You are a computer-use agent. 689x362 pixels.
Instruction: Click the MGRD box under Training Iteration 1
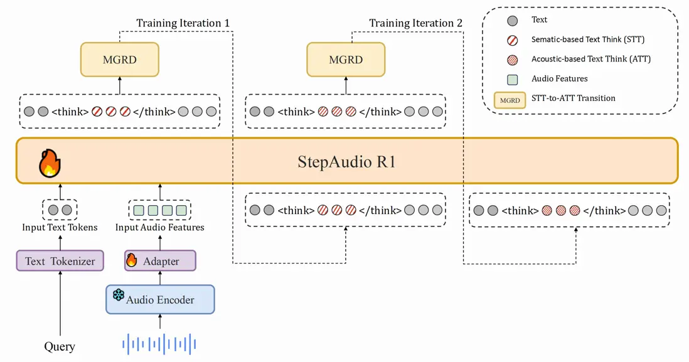[x=119, y=60]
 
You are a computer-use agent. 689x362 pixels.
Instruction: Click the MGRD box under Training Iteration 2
[x=346, y=60]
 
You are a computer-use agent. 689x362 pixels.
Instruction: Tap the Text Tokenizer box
[x=60, y=261]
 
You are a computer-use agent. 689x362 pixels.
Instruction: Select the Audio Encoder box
[x=160, y=300]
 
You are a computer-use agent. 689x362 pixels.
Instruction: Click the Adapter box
[x=161, y=261]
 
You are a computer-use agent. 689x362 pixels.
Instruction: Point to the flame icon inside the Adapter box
[x=132, y=260]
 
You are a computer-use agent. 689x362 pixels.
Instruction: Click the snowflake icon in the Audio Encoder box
[x=118, y=295]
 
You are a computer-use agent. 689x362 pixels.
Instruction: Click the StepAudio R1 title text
[x=346, y=161]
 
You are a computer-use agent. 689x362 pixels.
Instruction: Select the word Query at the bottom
[x=60, y=346]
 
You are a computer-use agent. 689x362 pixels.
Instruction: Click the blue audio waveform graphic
[x=159, y=344]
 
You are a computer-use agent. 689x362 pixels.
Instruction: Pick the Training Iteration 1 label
[x=183, y=23]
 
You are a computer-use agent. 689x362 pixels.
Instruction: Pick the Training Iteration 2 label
[x=415, y=23]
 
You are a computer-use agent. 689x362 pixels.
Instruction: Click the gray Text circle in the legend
[x=512, y=20]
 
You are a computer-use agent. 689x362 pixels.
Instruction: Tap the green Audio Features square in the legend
[x=512, y=79]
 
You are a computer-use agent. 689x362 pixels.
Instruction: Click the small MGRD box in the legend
[x=510, y=100]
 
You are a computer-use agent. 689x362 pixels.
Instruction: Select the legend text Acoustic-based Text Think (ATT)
[x=590, y=59]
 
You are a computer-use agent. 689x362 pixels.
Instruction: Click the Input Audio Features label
[x=159, y=227]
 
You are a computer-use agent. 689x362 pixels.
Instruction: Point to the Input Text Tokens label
[x=60, y=227]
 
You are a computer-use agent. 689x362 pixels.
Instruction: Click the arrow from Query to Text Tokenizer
[x=60, y=304]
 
